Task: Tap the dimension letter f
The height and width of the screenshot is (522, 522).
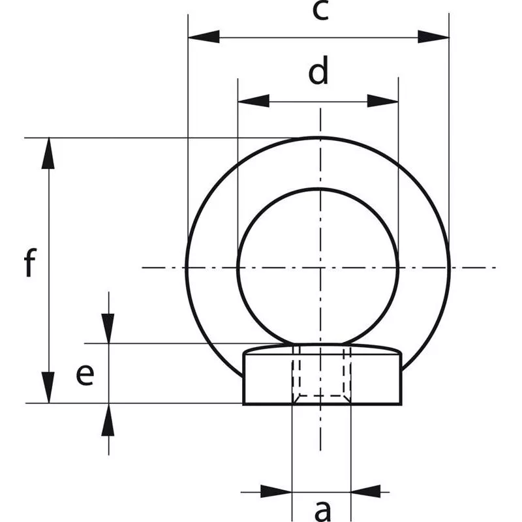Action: pyautogui.click(x=29, y=264)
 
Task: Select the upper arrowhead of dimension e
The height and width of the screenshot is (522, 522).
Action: pyautogui.click(x=108, y=328)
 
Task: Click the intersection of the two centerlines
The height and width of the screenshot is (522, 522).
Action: pyautogui.click(x=320, y=268)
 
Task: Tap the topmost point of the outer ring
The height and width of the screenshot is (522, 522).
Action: pyautogui.click(x=320, y=138)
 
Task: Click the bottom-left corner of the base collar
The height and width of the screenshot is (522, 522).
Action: pyautogui.click(x=244, y=403)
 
